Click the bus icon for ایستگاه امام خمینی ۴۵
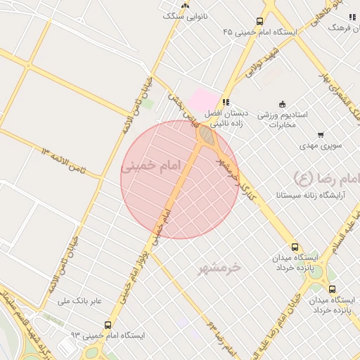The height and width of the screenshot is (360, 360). (260, 22)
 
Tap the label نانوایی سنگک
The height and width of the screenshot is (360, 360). (186, 15)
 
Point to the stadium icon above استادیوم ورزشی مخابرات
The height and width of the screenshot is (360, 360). (283, 103)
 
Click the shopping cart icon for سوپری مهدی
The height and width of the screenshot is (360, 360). (321, 134)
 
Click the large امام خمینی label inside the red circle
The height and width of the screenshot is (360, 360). (151, 166)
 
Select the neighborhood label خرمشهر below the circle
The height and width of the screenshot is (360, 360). (219, 267)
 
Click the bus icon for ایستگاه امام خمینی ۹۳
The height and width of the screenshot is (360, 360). (108, 325)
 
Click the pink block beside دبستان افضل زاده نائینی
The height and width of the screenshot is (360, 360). (203, 99)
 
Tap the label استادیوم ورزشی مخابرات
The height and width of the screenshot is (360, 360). (274, 119)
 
